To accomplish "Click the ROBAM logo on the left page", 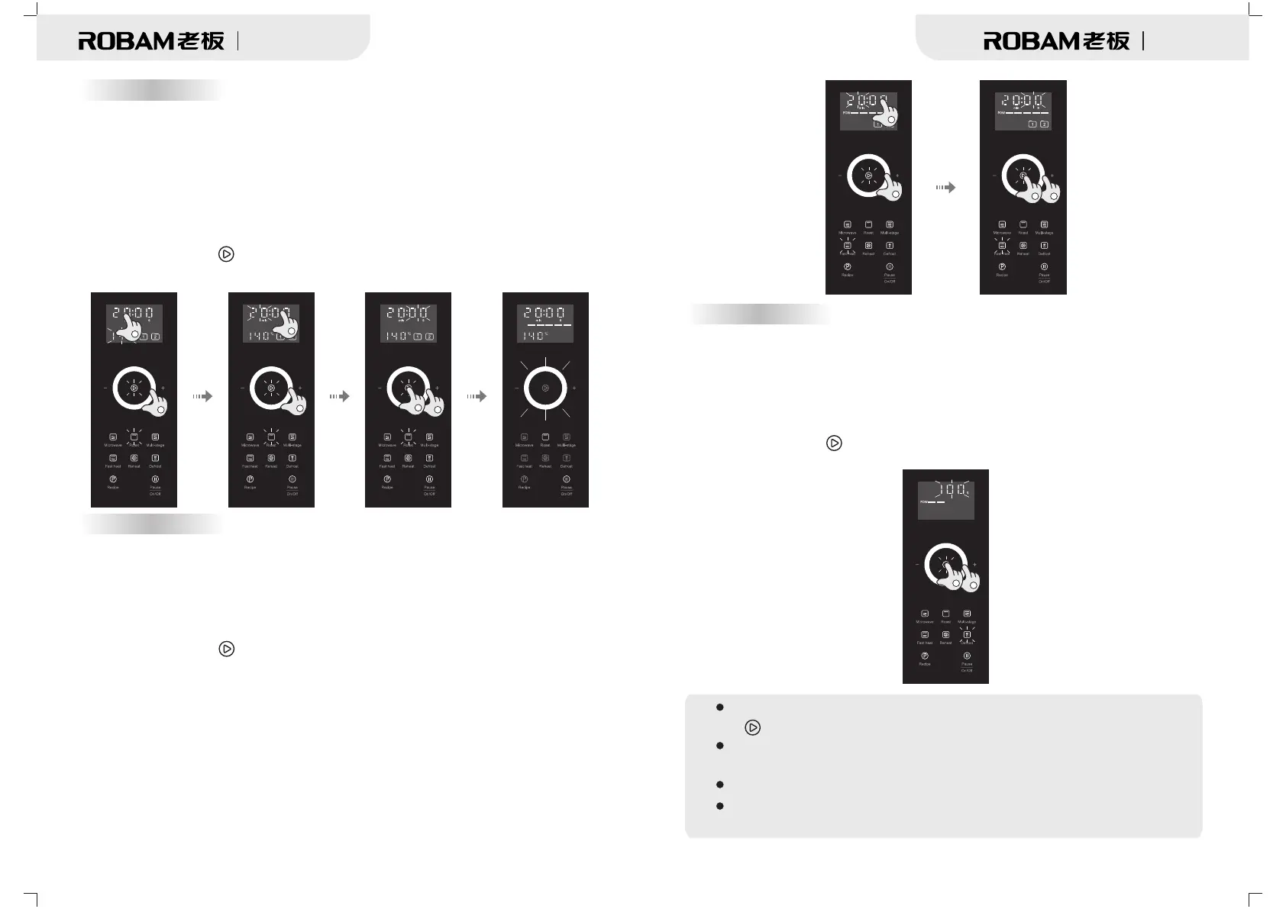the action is pyautogui.click(x=150, y=41).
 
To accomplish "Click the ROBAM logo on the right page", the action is pyautogui.click(x=1055, y=41).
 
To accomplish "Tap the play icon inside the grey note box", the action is pyautogui.click(x=752, y=727).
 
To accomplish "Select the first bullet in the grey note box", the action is pyautogui.click(x=719, y=708).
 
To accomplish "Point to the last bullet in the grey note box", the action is pyautogui.click(x=719, y=806).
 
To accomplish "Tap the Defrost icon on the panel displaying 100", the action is pyautogui.click(x=967, y=635).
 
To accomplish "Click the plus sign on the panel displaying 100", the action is pyautogui.click(x=974, y=565).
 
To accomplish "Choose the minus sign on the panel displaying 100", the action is pyautogui.click(x=917, y=565).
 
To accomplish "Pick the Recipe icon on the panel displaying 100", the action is pyautogui.click(x=925, y=656).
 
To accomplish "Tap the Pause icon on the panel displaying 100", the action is pyautogui.click(x=967, y=656).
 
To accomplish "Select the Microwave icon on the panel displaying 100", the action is pyautogui.click(x=925, y=614).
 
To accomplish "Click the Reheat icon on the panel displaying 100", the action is pyautogui.click(x=945, y=635).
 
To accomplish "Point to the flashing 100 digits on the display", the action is pyautogui.click(x=945, y=489).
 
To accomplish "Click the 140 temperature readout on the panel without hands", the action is pyautogui.click(x=535, y=336).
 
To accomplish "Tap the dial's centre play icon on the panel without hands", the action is pyautogui.click(x=545, y=388).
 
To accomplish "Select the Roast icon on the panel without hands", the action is pyautogui.click(x=545, y=437).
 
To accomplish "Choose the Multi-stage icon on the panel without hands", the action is pyautogui.click(x=567, y=437).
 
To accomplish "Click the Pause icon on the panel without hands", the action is pyautogui.click(x=567, y=479).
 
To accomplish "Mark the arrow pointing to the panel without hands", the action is pyautogui.click(x=477, y=396).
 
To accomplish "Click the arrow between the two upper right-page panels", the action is pyautogui.click(x=945, y=187).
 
